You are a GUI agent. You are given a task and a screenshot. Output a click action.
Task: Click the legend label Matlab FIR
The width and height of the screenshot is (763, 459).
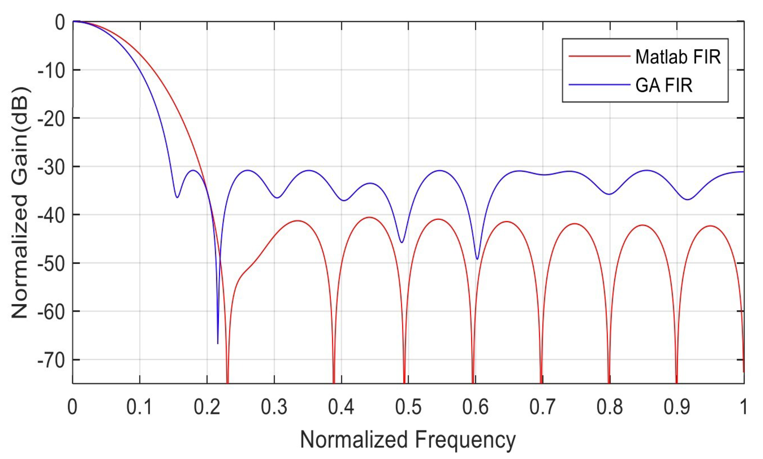point(678,57)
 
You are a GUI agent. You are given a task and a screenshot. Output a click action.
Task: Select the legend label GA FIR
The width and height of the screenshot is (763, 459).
point(663,86)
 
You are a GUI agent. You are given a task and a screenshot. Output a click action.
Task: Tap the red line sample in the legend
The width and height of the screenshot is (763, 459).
point(599,56)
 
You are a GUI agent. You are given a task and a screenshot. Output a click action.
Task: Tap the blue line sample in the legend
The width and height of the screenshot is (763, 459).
point(599,85)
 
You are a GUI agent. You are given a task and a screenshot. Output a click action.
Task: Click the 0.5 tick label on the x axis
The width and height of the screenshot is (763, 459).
point(408,407)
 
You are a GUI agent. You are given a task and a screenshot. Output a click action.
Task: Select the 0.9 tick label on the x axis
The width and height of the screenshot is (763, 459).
point(677,407)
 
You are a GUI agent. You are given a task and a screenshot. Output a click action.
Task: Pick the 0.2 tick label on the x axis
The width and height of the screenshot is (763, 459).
point(207,407)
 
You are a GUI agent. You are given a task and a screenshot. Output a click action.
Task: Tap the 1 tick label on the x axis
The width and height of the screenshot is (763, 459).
point(743,407)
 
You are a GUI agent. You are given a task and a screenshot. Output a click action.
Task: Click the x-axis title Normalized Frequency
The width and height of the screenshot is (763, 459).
point(408,440)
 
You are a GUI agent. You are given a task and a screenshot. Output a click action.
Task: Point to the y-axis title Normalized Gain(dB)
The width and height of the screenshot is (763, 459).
point(20,203)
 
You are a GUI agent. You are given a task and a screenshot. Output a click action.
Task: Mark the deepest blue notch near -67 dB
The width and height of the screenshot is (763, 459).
point(218,343)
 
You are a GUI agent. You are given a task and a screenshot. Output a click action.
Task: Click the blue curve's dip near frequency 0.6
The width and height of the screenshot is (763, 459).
point(477,259)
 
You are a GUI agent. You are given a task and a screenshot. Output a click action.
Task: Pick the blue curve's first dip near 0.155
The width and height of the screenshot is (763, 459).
point(177,197)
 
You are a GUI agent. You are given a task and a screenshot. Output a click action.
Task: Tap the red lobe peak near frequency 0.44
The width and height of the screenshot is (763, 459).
point(370,217)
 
